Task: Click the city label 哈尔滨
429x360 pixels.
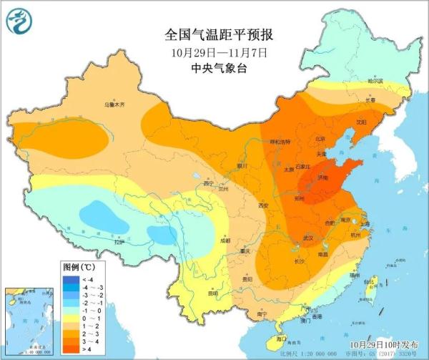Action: (x=375, y=81)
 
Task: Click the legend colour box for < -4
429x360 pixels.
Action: (x=69, y=278)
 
